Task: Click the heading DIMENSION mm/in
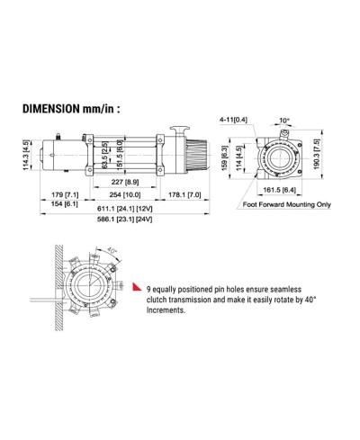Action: pos(71,108)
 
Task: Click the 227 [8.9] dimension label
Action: pos(125,182)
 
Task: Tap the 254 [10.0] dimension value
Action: pos(125,194)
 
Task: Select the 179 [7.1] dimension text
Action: pos(65,194)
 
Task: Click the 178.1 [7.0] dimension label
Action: pos(184,194)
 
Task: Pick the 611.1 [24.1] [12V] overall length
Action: pos(125,209)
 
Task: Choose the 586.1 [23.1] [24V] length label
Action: pos(125,220)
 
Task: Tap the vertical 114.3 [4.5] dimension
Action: pos(27,155)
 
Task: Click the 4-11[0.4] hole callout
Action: pos(233,120)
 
